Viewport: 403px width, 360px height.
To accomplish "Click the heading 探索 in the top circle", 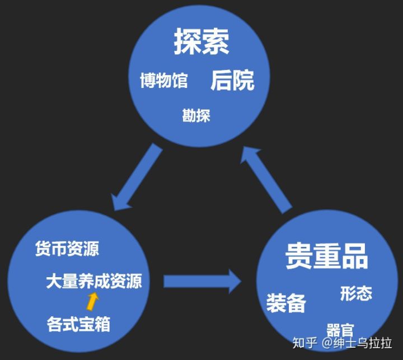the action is click(x=201, y=42).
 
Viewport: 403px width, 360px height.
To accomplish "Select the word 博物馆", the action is click(x=163, y=81).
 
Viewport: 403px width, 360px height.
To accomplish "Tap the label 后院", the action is click(x=232, y=81).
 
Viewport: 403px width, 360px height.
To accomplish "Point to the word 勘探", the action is click(x=196, y=116).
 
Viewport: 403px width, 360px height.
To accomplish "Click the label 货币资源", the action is click(x=67, y=249).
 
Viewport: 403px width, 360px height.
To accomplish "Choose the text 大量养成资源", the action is click(x=93, y=280).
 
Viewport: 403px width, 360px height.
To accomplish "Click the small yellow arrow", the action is click(x=92, y=302).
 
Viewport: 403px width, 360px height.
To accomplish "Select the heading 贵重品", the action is click(x=326, y=257).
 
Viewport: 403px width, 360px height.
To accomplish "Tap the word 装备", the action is click(x=286, y=303).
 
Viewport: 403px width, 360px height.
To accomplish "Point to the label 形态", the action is click(x=356, y=293).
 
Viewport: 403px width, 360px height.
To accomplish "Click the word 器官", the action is click(x=340, y=330).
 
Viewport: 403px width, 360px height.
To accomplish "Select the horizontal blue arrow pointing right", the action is click(x=201, y=280).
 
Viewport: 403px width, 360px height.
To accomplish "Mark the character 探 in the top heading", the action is click(x=188, y=42).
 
